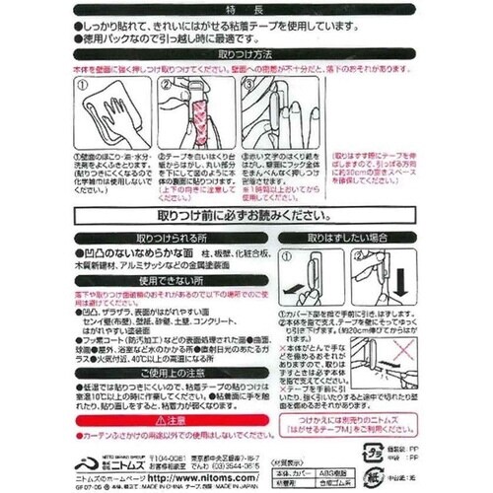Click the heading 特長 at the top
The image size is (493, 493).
point(246,9)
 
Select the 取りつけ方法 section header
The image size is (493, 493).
point(246,56)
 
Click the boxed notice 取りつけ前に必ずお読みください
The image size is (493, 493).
point(246,216)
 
